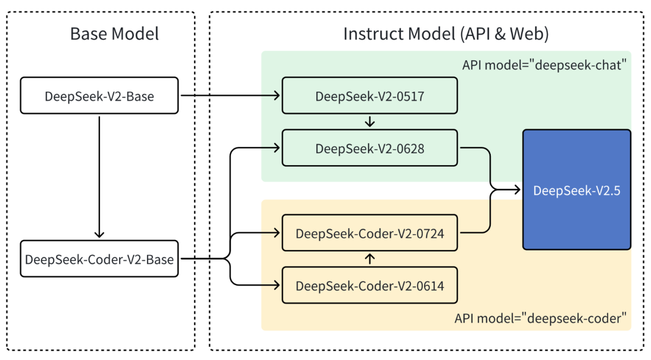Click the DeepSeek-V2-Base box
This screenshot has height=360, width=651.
[x=99, y=96]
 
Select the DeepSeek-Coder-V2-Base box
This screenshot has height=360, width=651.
[x=99, y=259]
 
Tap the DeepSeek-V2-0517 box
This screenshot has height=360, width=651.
[x=370, y=96]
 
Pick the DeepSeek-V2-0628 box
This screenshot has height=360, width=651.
[x=370, y=148]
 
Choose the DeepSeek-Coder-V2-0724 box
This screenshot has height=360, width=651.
[x=370, y=233]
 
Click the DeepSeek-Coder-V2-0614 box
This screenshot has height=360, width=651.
[x=370, y=285]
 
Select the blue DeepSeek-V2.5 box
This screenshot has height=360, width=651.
[x=577, y=190]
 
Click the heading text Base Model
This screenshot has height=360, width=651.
[x=114, y=34]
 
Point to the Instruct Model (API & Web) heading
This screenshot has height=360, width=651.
[x=446, y=34]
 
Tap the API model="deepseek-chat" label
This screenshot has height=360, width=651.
[x=543, y=65]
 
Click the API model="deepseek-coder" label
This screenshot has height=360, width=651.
[x=540, y=319]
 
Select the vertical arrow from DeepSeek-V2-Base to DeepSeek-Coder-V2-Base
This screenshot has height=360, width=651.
[x=99, y=175]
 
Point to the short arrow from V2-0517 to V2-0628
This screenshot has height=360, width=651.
[x=370, y=122]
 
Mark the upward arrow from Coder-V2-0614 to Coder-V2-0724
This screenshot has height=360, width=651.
[x=370, y=259]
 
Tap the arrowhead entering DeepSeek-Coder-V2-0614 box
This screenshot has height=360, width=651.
[x=277, y=285]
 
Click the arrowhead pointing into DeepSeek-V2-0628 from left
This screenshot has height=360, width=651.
[x=277, y=148]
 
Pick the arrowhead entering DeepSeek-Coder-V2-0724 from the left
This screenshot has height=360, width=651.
[x=277, y=233]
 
